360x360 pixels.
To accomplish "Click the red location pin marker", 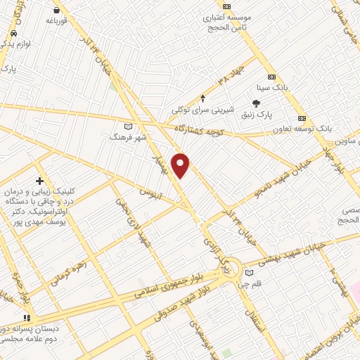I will tap(181, 165).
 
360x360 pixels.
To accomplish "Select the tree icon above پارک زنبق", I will tap(264, 103).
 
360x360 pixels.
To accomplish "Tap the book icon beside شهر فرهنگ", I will tap(127, 127).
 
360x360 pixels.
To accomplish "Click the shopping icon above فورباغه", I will tap(57, 11).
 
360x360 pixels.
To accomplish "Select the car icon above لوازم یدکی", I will tap(13, 34).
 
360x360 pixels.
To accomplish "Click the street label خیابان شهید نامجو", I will tap(280, 187).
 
